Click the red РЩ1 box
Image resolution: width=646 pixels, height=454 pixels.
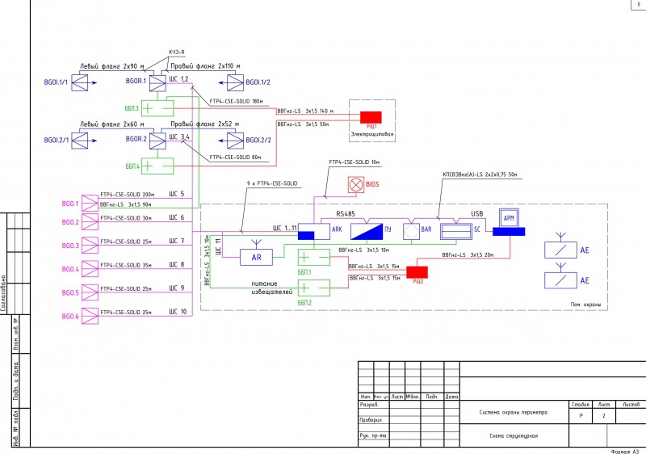[371, 116]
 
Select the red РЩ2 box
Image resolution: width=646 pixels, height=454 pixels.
[417, 272]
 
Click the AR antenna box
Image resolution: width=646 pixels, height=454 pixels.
[257, 257]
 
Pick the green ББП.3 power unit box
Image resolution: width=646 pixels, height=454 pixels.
[156, 107]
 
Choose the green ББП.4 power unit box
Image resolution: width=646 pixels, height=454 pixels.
[156, 166]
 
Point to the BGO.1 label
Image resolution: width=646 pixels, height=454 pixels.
[70, 204]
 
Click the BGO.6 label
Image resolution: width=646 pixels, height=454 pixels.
[70, 316]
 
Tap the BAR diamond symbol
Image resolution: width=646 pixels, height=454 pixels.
[411, 230]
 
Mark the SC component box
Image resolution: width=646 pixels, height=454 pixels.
[455, 230]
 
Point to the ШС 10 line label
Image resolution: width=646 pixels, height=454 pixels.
[177, 311]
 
